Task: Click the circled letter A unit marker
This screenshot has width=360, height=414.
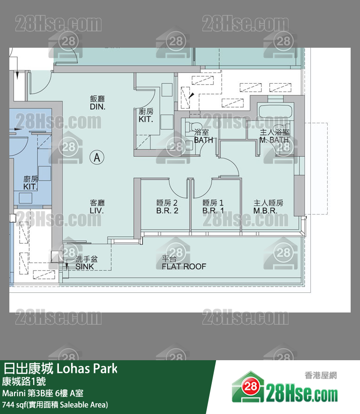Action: point(97,157)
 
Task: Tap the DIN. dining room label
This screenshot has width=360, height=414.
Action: point(98,107)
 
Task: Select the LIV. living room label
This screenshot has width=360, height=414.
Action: point(97,211)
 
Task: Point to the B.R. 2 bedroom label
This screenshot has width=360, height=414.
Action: point(167,211)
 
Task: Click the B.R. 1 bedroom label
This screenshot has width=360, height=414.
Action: point(213,211)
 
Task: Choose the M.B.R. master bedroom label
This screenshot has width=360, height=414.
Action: point(265,211)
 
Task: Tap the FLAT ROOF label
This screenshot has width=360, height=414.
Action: point(184,266)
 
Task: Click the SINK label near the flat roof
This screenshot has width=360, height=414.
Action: point(85,267)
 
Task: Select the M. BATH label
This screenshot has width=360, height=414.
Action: point(274,140)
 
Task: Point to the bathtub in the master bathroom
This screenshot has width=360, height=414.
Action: point(275,112)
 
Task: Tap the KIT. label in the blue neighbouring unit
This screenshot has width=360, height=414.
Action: point(30,187)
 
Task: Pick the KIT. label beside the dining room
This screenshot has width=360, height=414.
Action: point(146,119)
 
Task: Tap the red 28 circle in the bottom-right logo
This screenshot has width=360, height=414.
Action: point(250,387)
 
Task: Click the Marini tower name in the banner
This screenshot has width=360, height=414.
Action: point(14,393)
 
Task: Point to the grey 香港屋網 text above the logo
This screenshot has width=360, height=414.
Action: point(321,375)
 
